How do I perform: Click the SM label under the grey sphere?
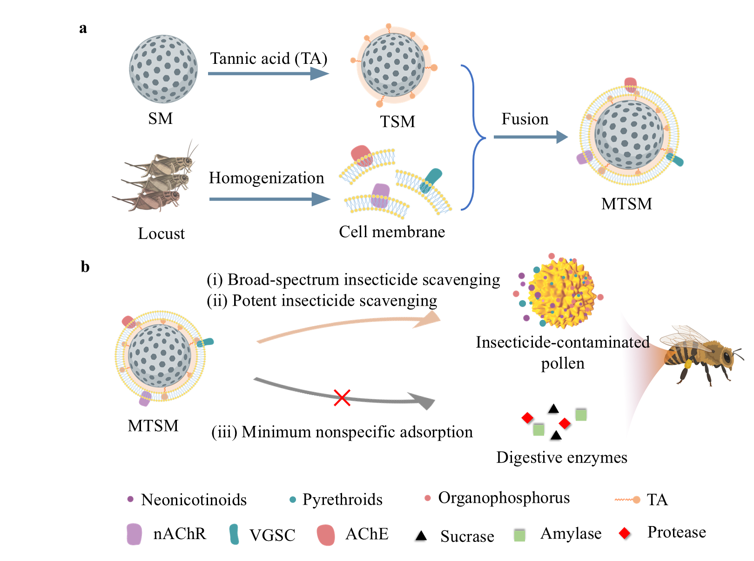point(160,119)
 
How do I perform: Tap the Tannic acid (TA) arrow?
point(268,74)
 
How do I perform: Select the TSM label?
point(397,122)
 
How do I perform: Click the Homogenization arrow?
point(269,199)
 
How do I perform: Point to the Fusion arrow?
point(530,137)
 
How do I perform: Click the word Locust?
point(161,233)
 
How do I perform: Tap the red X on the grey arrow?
point(342,397)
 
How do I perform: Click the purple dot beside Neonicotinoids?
point(130,499)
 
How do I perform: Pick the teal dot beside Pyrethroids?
point(292,499)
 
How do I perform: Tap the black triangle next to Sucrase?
point(421,535)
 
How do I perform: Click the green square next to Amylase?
point(519,535)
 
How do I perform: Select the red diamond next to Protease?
point(625,533)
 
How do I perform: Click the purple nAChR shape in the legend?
point(134,534)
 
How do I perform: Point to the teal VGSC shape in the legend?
point(234,534)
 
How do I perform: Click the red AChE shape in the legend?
point(326,535)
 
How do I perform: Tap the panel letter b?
point(85,267)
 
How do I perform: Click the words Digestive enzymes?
point(562,458)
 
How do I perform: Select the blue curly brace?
point(473,137)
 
